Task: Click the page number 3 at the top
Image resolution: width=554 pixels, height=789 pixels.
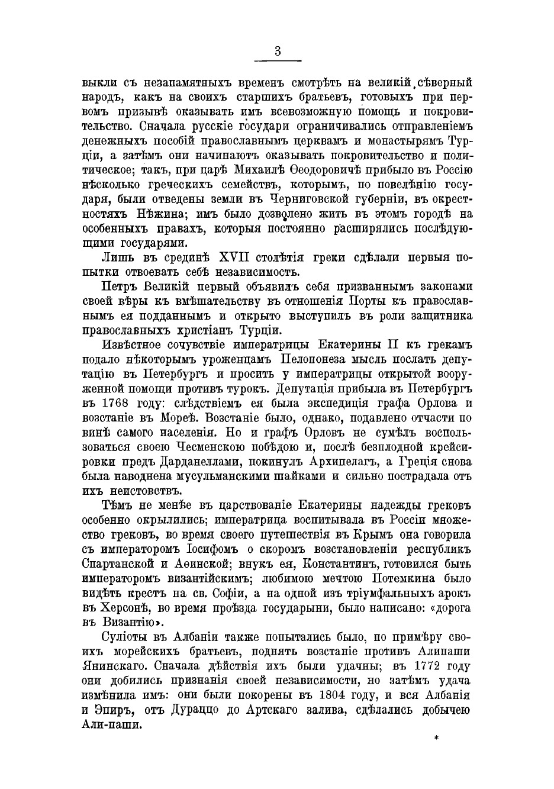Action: pyautogui.click(x=278, y=51)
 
